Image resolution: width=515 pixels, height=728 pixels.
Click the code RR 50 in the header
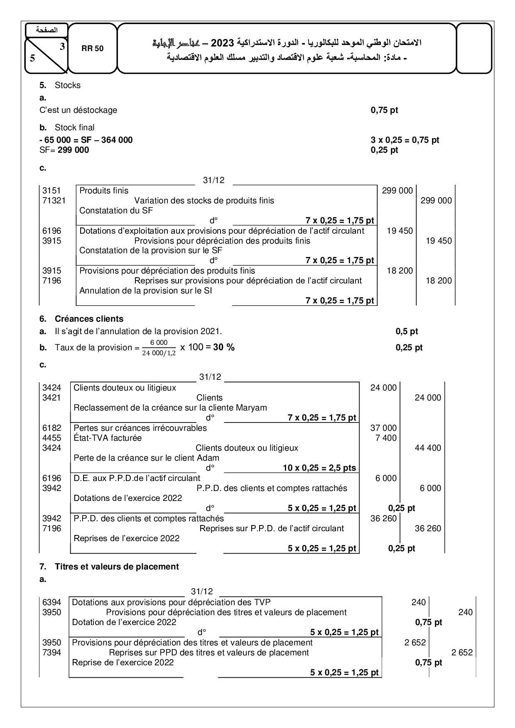[93, 49]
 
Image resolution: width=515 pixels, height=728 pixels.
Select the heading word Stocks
[68, 85]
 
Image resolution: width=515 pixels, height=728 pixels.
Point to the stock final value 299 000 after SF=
[73, 150]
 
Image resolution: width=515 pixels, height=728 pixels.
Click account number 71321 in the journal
[54, 200]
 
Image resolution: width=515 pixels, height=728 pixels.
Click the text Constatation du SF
[116, 210]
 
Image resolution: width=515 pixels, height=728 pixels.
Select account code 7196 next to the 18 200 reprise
[51, 281]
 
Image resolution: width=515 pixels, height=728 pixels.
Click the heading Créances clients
[89, 319]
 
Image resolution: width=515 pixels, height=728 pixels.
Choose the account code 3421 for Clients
[51, 398]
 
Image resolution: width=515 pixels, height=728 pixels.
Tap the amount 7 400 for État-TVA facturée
[386, 438]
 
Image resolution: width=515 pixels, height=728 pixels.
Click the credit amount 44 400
[428, 448]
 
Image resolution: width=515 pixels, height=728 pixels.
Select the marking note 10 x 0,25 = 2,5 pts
[319, 468]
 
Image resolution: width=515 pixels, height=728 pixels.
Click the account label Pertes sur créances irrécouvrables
[140, 428]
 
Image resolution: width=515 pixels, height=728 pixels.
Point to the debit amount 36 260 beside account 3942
[383, 518]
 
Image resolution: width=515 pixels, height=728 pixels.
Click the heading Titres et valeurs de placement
[117, 567]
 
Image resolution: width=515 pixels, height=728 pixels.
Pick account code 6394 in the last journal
[51, 602]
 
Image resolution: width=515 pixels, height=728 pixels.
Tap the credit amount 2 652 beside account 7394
[462, 652]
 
